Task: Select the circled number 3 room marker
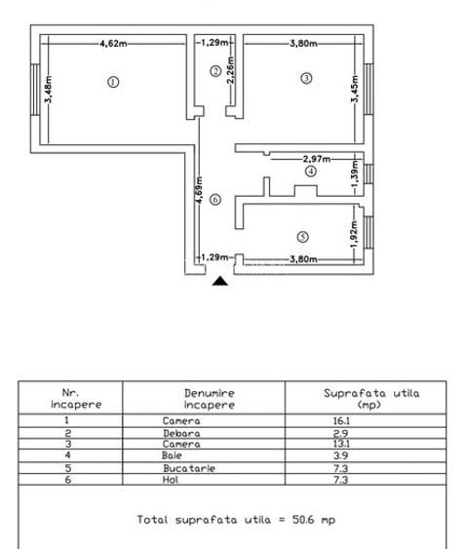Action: pos(306,78)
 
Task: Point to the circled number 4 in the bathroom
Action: pos(310,171)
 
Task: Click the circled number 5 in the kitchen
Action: pos(303,236)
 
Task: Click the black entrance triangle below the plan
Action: pos(221,281)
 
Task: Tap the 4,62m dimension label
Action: pos(114,43)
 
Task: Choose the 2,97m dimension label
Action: pos(317,158)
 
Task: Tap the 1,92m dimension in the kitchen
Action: pos(353,233)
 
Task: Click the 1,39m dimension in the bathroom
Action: pos(353,173)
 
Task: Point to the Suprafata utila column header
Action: pos(370,398)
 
